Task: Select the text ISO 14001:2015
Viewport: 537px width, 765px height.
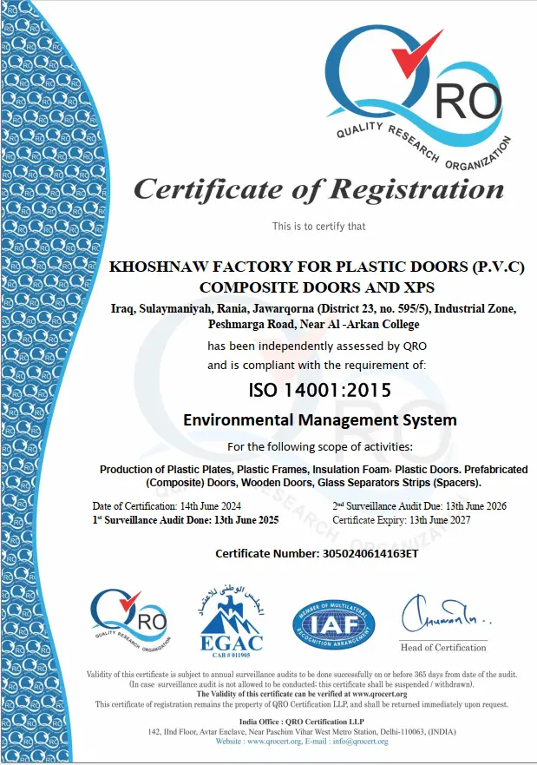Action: point(319,390)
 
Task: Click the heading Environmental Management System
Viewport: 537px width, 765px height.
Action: point(319,420)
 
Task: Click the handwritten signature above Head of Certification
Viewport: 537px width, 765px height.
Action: point(442,617)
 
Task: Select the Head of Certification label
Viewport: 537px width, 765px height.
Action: point(443,648)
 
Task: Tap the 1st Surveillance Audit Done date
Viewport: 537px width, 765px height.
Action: point(249,519)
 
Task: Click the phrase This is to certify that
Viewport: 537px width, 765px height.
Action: point(318,227)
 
